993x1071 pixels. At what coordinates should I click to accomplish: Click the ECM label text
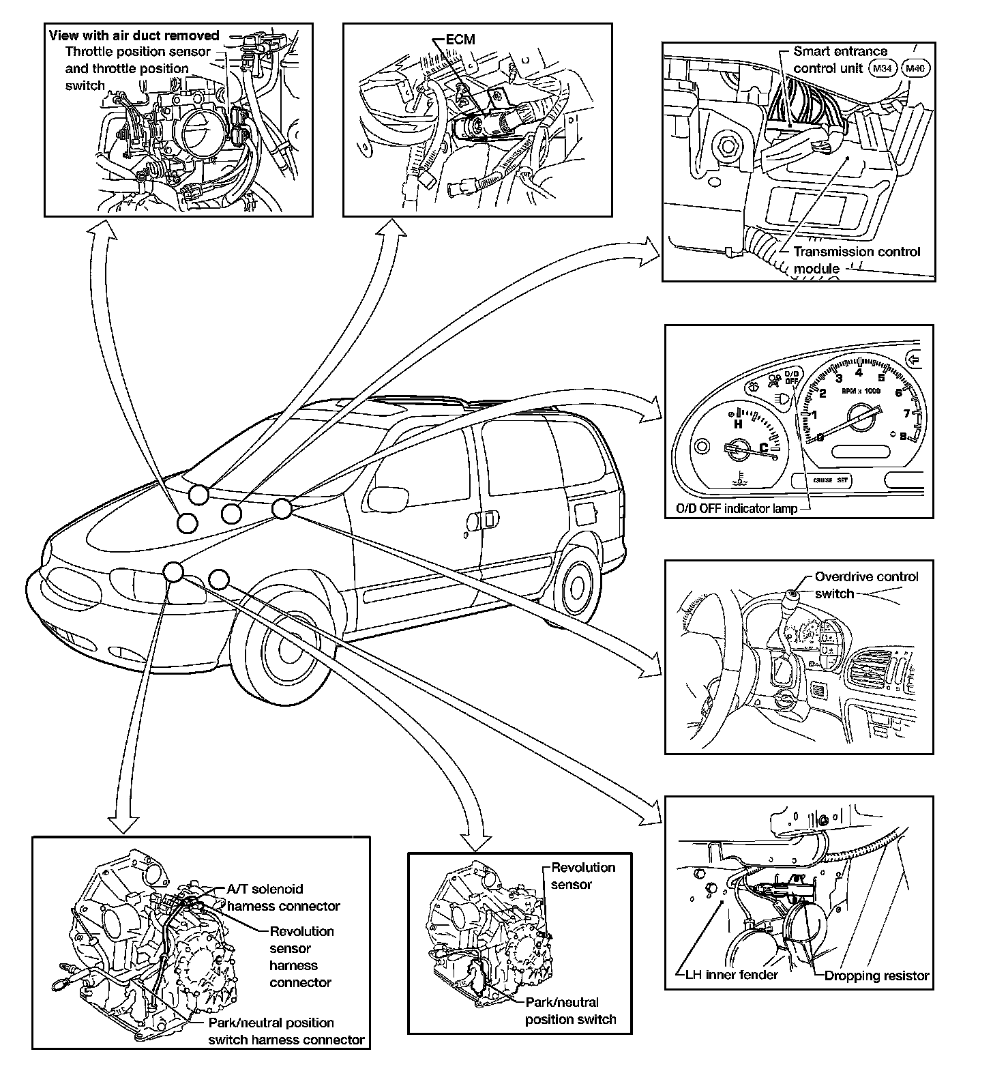click(460, 40)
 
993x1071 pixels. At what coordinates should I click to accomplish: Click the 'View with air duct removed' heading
click(134, 35)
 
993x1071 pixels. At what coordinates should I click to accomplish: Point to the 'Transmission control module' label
click(857, 260)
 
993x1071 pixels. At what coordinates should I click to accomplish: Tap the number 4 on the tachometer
click(859, 372)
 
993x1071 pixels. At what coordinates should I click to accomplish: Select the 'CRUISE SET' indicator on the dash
click(831, 480)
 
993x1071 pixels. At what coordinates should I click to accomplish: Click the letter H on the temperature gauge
click(737, 424)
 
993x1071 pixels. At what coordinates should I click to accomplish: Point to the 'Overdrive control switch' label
click(866, 585)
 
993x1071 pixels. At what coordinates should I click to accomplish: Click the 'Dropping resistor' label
click(877, 975)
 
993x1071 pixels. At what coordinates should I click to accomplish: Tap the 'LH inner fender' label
click(732, 975)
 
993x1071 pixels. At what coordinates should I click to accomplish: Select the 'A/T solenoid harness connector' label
click(283, 898)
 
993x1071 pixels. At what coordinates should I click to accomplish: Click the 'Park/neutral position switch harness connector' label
click(286, 1031)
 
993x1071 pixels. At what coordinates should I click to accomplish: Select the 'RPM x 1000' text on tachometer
click(861, 392)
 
